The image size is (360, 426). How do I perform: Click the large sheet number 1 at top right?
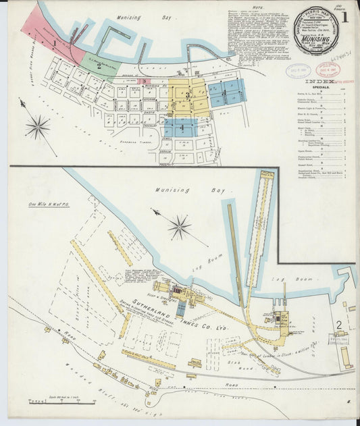tap(346, 16)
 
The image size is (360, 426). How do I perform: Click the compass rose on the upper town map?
tap(37, 126)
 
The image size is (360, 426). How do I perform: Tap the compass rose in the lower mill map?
tap(179, 227)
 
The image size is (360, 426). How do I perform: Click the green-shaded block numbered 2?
tap(100, 66)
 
